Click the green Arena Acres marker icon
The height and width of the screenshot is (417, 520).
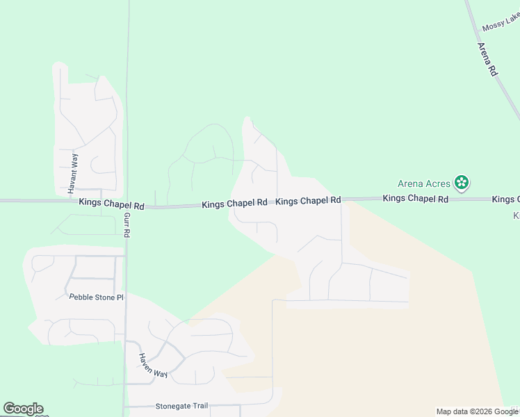click(461, 183)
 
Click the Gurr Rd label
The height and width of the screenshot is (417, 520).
click(127, 225)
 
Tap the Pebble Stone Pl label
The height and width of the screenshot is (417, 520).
click(96, 297)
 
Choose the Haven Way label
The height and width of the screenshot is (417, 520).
click(152, 366)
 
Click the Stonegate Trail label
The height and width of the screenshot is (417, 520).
click(181, 406)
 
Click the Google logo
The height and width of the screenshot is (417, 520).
click(23, 409)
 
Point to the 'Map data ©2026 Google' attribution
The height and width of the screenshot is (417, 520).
click(477, 411)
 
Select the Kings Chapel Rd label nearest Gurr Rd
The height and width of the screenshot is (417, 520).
click(111, 205)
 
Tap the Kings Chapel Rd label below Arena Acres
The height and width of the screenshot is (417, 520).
click(416, 199)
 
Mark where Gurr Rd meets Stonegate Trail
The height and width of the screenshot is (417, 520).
click(125, 406)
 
